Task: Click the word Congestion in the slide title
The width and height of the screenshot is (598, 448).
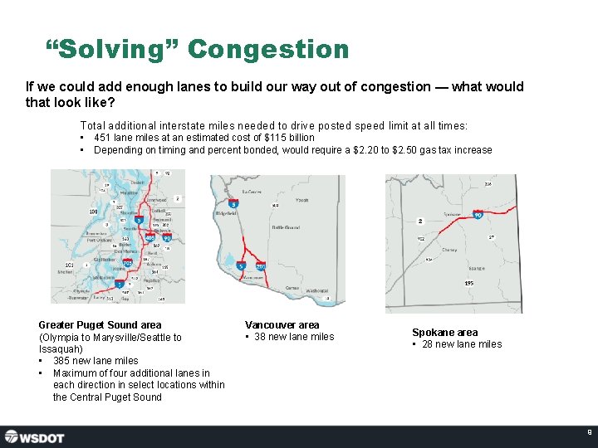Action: tap(268, 50)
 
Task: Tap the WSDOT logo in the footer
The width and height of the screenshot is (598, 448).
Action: tap(34, 436)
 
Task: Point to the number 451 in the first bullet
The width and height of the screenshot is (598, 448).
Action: tap(103, 138)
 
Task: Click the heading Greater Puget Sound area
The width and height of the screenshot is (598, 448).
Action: tap(100, 325)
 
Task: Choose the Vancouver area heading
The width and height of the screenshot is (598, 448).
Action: tap(282, 325)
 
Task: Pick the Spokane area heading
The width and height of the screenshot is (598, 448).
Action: tap(444, 333)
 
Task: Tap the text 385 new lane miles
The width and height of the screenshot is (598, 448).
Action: tap(96, 361)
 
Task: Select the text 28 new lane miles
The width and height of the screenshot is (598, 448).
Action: tap(462, 344)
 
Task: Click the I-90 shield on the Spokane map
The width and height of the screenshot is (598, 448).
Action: tap(478, 214)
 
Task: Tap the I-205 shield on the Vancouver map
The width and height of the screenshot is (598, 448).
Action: tap(260, 265)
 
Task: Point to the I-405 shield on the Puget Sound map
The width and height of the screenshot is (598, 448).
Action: tap(150, 238)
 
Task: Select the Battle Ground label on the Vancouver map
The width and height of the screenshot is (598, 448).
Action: tap(286, 226)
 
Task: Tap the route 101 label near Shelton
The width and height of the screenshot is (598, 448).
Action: tap(68, 265)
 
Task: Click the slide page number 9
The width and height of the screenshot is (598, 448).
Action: tap(589, 432)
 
